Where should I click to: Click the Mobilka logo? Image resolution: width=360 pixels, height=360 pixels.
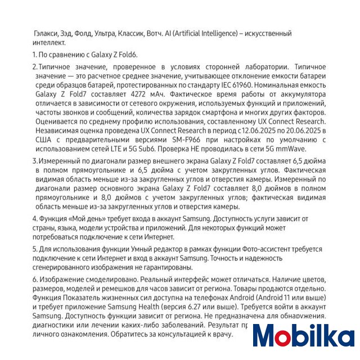303,336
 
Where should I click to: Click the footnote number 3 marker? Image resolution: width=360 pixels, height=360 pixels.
34,161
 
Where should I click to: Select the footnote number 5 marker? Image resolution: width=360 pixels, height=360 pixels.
34,249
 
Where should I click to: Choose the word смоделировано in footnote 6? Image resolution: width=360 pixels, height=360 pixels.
104,279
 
